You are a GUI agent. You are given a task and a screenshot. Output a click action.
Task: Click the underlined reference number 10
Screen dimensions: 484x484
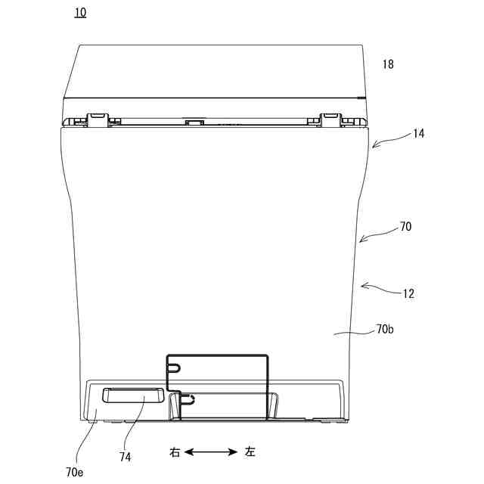point(80,13)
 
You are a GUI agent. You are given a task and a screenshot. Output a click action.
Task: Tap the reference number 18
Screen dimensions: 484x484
point(388,64)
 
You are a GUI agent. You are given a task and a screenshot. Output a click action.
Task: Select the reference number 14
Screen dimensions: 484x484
point(418,134)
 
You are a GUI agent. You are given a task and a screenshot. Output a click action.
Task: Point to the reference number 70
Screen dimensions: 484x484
point(405,227)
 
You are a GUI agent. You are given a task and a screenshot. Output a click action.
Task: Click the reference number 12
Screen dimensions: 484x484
point(408,293)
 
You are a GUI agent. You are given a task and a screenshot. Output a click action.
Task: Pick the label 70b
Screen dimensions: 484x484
point(385,330)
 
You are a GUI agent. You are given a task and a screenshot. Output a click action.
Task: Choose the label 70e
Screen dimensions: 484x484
point(74,472)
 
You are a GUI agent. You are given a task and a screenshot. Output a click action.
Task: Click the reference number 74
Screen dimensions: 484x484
point(126,457)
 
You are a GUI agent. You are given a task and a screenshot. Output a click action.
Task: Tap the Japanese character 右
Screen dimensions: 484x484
point(175,452)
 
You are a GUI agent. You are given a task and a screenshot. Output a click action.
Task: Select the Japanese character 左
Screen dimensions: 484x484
point(250,452)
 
